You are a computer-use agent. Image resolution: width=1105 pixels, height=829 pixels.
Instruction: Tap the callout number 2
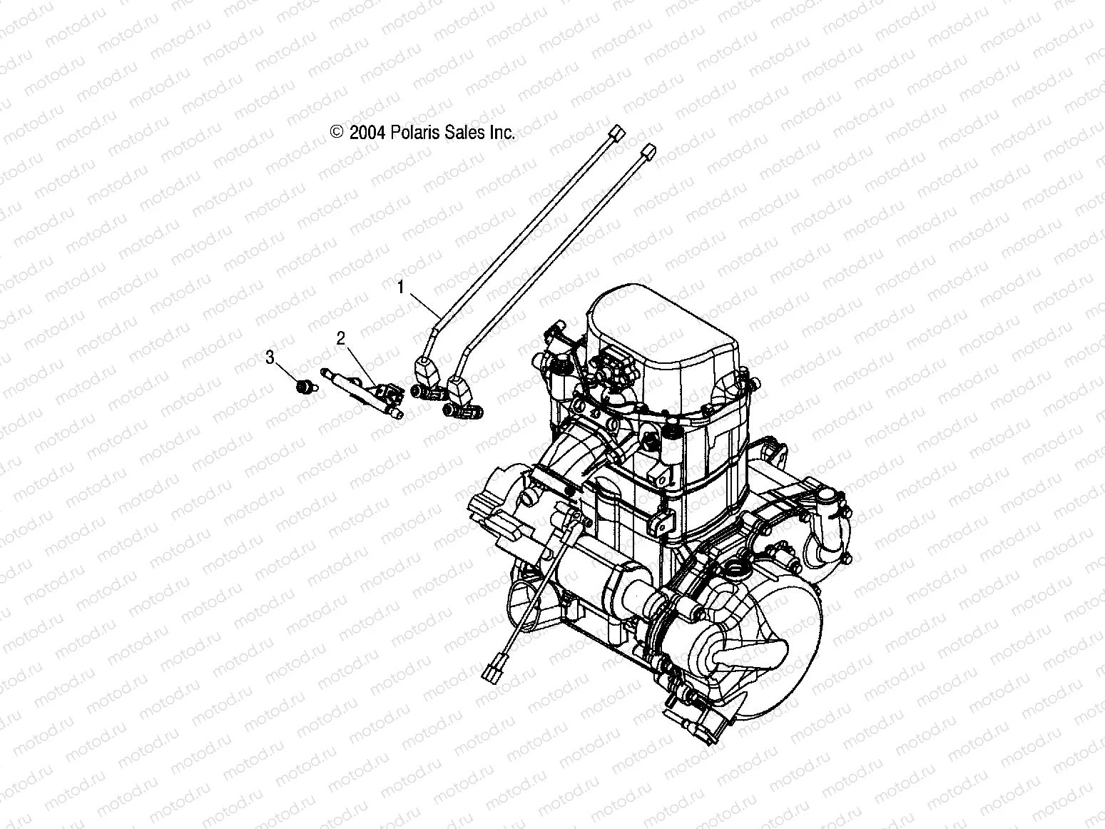click(x=341, y=338)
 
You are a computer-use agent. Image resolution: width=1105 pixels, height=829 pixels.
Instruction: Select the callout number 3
click(x=270, y=357)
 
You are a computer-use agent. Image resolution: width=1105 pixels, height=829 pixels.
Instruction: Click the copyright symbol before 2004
click(x=337, y=132)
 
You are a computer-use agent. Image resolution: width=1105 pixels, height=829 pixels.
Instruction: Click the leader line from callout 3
click(x=287, y=372)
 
